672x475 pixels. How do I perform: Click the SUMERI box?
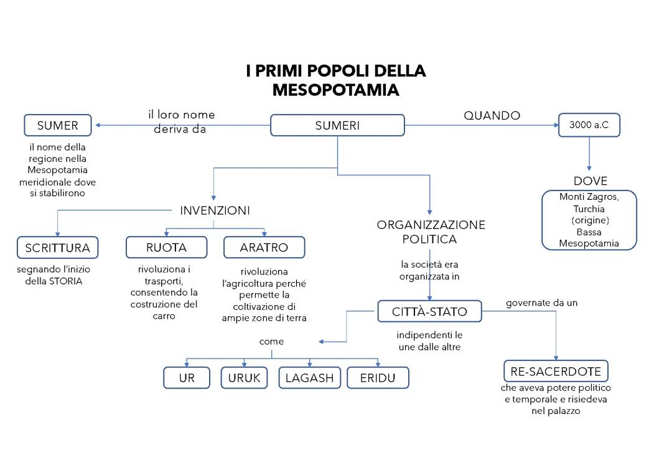(337, 126)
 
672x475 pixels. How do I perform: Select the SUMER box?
(57, 125)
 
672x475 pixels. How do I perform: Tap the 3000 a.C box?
(589, 125)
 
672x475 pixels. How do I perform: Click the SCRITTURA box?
(57, 248)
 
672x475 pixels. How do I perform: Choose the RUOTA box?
(166, 247)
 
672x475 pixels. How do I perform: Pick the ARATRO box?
(264, 247)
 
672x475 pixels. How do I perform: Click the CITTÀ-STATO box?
(429, 311)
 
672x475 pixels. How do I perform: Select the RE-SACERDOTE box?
(555, 372)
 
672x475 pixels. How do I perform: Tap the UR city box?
(187, 377)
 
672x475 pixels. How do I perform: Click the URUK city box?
(244, 377)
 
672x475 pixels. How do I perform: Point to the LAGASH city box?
(309, 377)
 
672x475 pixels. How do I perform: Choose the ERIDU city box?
(377, 377)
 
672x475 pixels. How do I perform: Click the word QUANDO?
(492, 115)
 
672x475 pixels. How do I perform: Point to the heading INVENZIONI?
(215, 210)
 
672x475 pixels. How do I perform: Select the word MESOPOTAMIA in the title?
(335, 90)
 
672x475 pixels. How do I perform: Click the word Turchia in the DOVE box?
(589, 209)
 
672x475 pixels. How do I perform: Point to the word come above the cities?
(271, 341)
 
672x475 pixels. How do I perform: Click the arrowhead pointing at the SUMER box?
(98, 126)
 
